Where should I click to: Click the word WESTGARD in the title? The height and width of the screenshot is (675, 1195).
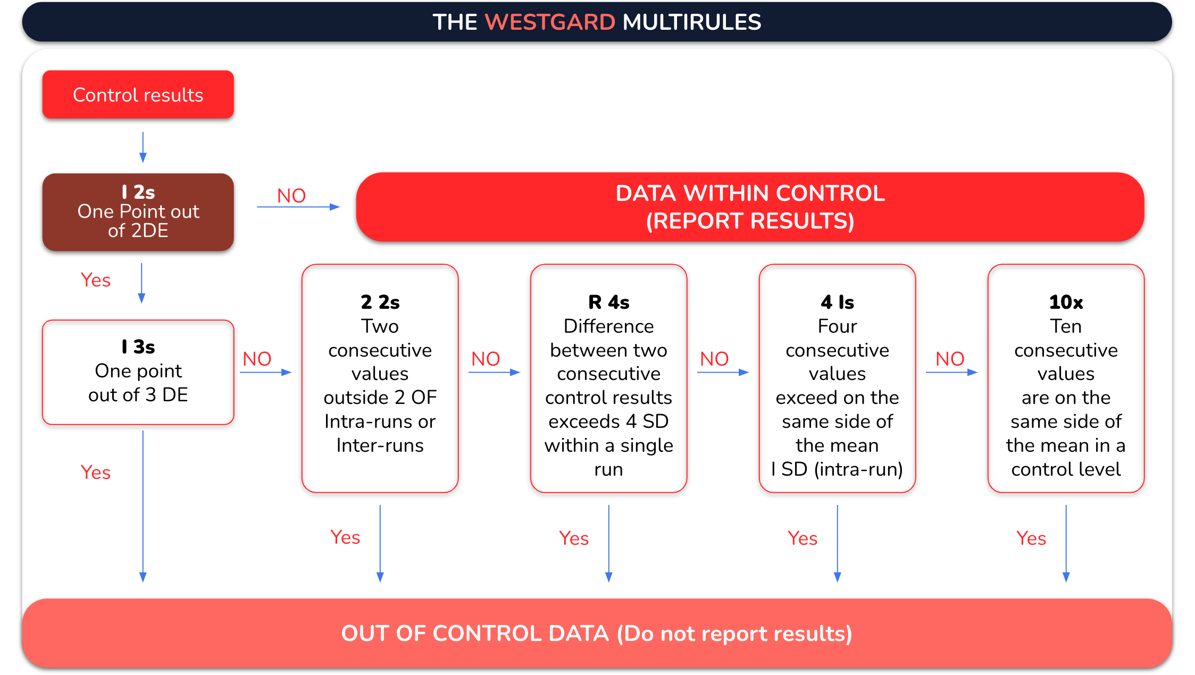550,22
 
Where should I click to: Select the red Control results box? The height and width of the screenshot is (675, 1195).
138,95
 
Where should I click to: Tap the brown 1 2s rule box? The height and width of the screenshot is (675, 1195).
138,212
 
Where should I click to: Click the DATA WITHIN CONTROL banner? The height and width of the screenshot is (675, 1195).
750,207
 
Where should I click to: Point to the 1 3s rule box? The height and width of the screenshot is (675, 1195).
138,372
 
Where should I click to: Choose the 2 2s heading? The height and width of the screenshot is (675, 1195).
380,302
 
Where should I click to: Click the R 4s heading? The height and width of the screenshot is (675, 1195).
609,302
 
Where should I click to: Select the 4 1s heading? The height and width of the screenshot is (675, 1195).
838,302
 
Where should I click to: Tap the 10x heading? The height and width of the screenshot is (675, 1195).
1066,302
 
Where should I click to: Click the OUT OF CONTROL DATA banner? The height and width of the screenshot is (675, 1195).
597,634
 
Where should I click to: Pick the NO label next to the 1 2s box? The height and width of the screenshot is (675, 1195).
291,196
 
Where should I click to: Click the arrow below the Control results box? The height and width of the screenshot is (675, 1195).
143,147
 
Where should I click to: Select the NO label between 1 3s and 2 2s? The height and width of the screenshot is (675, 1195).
257,359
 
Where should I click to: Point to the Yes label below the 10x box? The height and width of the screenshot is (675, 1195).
1031,538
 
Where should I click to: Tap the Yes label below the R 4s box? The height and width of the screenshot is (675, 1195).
574,538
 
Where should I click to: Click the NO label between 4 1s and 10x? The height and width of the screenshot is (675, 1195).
950,359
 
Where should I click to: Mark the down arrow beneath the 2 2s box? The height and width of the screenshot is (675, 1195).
380,543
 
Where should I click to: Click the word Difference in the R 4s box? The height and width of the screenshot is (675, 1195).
609,326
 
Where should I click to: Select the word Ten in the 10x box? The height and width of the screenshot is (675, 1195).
1066,326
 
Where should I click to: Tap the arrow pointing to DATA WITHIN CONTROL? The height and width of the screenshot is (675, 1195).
298,207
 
